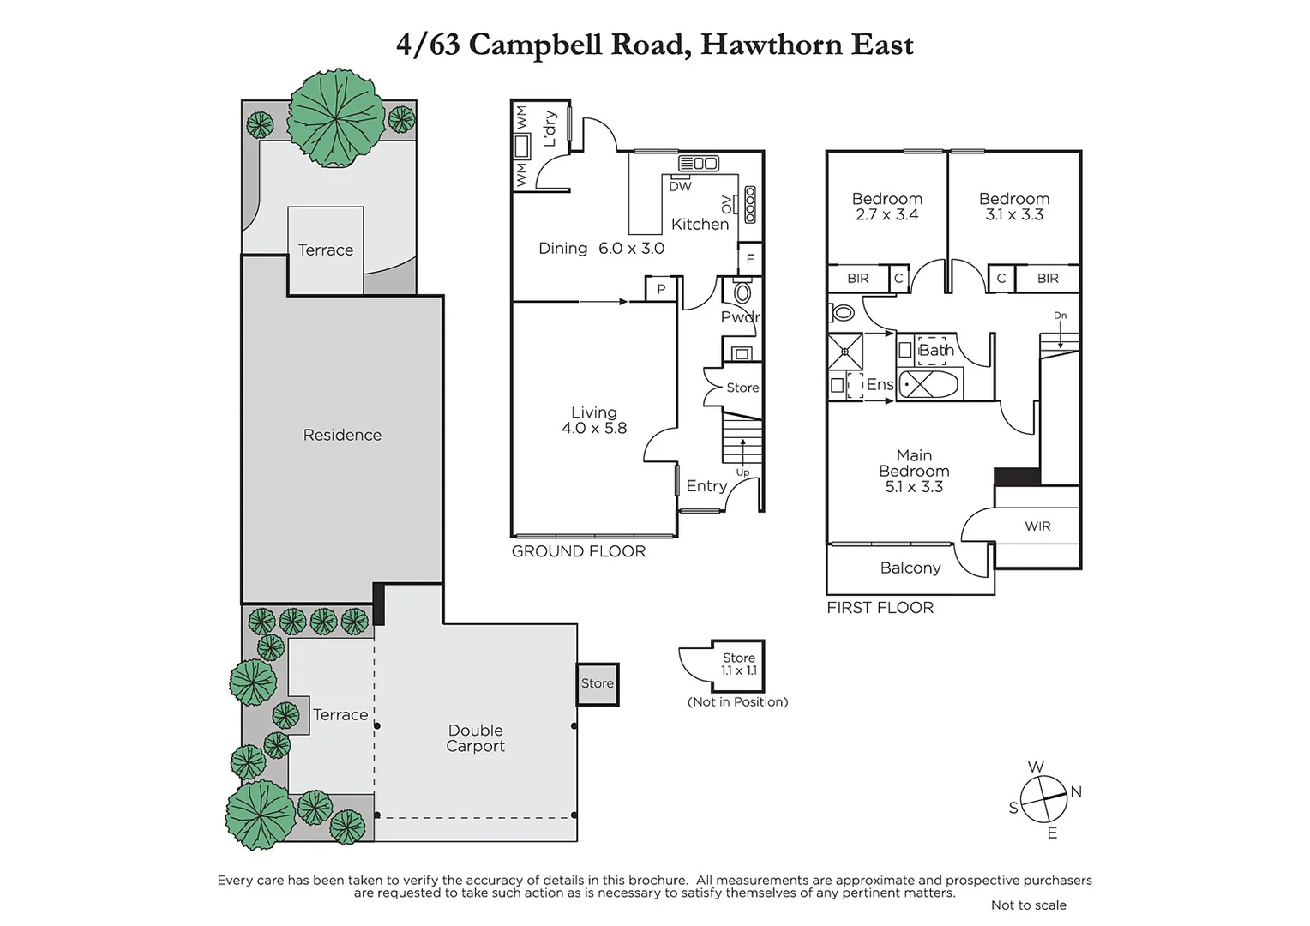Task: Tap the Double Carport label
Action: pos(475,738)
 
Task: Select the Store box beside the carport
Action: pos(597,683)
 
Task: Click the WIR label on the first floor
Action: pos(1037,526)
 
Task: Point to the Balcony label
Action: pos(910,568)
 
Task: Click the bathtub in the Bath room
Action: pos(929,384)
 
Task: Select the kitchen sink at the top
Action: pos(699,163)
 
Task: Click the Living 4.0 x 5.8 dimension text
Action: pos(594,428)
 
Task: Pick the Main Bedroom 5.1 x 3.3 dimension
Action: pos(914,486)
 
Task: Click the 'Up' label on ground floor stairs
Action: pos(742,472)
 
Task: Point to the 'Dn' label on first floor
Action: pos(1060,316)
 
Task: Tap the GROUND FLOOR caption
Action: pos(579,551)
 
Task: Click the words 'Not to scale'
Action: pos(1028,905)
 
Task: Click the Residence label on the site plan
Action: pos(342,435)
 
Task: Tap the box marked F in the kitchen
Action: pos(750,258)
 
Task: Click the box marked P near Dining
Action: pos(661,289)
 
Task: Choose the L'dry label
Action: pos(550,129)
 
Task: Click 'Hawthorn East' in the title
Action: pos(807,44)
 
